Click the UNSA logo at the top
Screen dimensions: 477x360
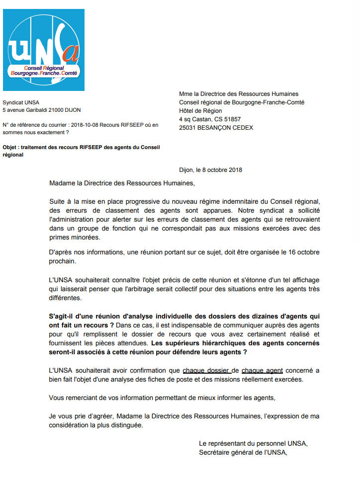click(44, 50)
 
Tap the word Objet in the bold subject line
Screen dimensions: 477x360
click(10, 147)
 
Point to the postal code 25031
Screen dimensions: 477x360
click(188, 128)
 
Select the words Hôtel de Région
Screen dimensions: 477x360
click(200, 111)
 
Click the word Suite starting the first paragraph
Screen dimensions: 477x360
click(58, 201)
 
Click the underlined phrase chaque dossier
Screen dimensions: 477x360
click(206, 370)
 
